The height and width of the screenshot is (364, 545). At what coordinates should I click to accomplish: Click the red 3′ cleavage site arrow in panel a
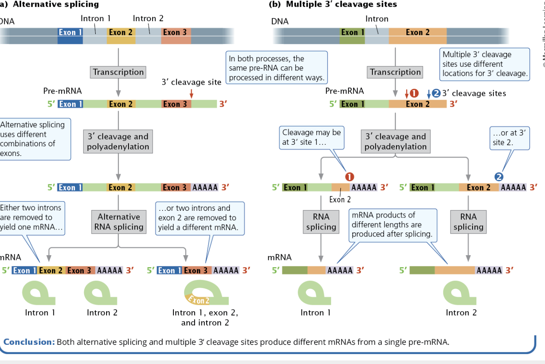(x=191, y=93)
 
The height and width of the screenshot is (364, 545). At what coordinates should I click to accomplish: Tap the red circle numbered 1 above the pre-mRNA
(x=414, y=93)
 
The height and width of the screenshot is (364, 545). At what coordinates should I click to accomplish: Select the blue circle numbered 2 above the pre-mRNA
(x=436, y=93)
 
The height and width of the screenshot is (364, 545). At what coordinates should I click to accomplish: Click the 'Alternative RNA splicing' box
(x=119, y=222)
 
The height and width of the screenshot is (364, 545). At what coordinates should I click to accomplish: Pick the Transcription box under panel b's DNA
(x=395, y=72)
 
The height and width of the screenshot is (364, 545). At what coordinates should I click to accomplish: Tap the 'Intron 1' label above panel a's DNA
(x=95, y=18)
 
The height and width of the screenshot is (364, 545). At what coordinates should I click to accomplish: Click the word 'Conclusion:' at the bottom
(x=29, y=342)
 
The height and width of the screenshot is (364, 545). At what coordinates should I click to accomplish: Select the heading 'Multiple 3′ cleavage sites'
(x=341, y=4)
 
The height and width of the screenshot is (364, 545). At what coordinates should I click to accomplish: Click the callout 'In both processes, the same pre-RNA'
(x=276, y=68)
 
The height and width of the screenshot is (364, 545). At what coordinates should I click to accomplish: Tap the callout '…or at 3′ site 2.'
(x=509, y=138)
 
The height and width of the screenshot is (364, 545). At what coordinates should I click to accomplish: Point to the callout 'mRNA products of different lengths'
(x=392, y=225)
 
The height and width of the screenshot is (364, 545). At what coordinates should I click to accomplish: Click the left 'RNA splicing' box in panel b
(x=321, y=222)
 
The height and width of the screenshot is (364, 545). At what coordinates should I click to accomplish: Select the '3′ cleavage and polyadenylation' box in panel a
(x=118, y=141)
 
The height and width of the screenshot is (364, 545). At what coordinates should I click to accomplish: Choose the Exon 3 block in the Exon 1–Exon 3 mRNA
(x=196, y=270)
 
